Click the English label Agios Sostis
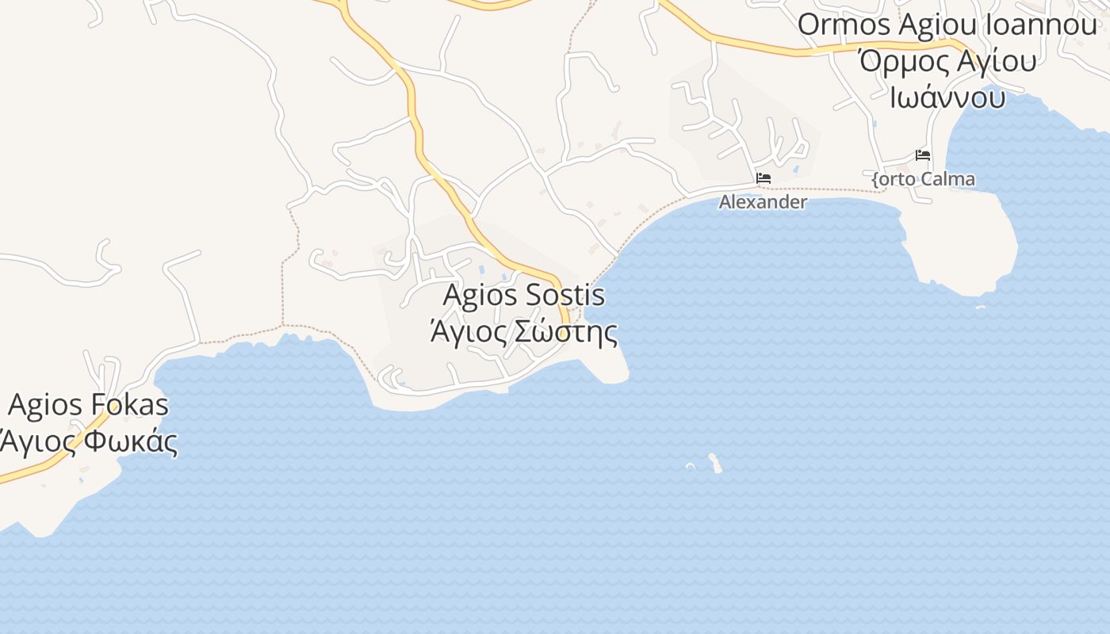(523, 296)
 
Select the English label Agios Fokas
(88, 405)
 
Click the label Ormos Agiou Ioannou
(947, 25)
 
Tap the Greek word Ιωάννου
(947, 97)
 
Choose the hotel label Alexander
(763, 202)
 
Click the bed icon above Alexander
(764, 178)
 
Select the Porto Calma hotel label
(924, 179)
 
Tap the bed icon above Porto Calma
(923, 155)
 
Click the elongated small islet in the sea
(715, 463)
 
